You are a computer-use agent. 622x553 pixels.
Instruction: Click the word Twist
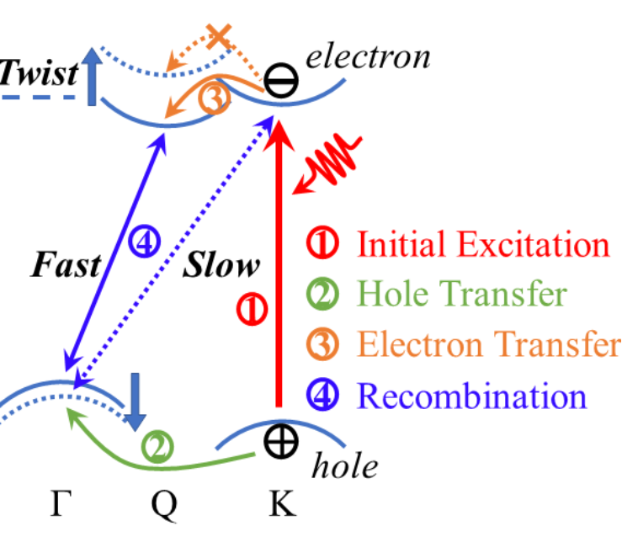(x=38, y=74)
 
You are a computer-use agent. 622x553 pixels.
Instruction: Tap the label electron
(x=368, y=57)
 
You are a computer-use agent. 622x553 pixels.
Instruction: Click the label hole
(x=344, y=465)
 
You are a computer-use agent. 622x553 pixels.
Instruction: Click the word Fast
(x=65, y=266)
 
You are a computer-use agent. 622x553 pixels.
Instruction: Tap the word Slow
(x=221, y=266)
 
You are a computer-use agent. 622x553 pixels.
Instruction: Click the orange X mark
(x=219, y=36)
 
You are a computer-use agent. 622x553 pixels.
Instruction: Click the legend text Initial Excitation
(x=482, y=245)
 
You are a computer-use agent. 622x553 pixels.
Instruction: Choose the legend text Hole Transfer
(x=460, y=295)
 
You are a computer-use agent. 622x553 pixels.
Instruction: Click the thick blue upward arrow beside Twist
(x=92, y=78)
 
